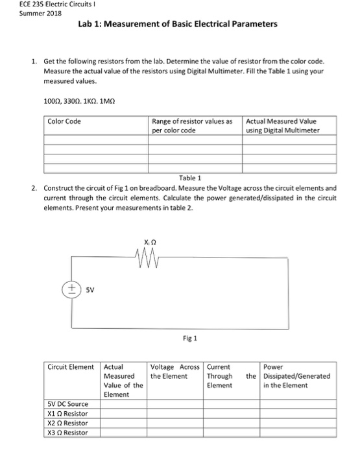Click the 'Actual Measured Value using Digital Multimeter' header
tap(282, 126)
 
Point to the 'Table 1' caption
tap(190, 178)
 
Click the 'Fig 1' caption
tap(190, 338)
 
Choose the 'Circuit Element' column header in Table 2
tap(72, 366)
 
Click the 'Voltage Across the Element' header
tap(175, 371)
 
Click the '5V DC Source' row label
tap(69, 403)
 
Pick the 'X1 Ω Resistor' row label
tap(68, 413)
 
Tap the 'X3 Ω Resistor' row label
tap(68, 433)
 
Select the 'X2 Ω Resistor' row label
tap(68, 423)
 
